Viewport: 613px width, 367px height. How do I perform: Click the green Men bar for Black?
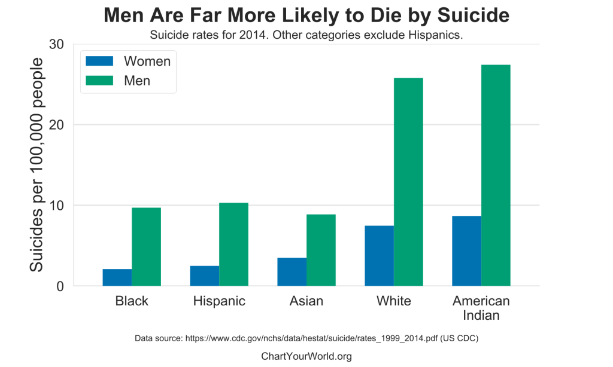click(146, 246)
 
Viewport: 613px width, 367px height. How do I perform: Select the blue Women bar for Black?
click(117, 277)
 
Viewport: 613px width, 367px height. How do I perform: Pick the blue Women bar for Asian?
click(292, 271)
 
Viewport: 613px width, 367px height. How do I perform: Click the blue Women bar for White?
click(379, 255)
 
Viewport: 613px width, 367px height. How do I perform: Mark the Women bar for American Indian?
click(466, 250)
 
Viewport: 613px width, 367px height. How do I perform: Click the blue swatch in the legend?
click(99, 61)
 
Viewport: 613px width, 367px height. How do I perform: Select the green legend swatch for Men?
click(99, 80)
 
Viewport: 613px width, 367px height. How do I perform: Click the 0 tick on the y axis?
click(60, 286)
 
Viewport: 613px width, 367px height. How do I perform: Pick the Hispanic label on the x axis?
click(219, 301)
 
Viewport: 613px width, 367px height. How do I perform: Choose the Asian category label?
click(306, 301)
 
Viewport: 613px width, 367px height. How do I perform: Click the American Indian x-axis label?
click(481, 308)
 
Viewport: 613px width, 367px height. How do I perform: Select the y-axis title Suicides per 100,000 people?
click(37, 165)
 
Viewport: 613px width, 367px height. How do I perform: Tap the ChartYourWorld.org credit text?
click(306, 356)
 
